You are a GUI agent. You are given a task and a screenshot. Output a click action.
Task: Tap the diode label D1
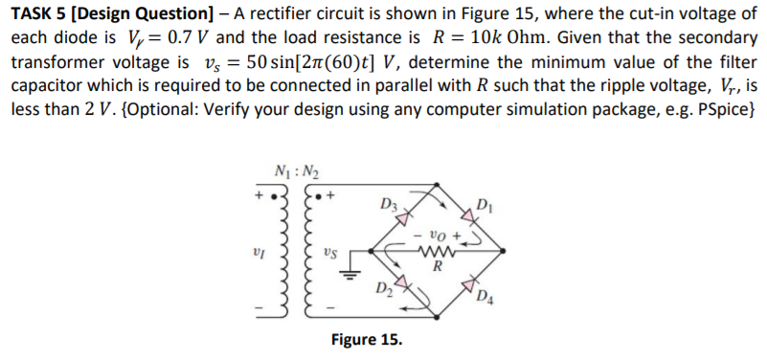[x=484, y=204]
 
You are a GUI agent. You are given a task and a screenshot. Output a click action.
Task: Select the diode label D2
[x=387, y=287]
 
